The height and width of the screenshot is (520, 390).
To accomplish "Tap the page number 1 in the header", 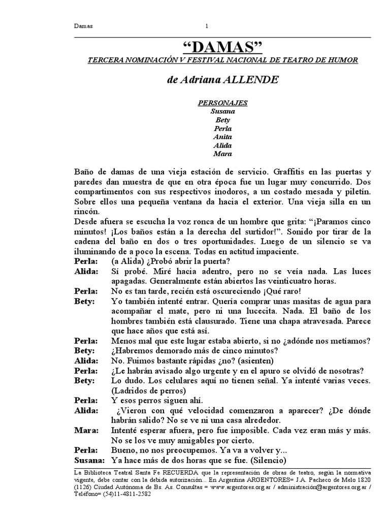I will [207, 26].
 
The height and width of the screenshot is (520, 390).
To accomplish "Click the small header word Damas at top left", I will [83, 26].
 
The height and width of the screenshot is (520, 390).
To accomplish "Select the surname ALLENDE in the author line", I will [250, 80].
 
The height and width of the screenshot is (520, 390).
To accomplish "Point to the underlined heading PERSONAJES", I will [223, 103].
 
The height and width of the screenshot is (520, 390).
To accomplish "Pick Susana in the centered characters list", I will [223, 111].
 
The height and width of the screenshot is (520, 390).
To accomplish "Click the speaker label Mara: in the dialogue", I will [86, 431].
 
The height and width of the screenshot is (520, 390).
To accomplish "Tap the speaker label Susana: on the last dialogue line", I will [89, 461].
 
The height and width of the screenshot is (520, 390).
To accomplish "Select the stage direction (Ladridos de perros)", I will [145, 391].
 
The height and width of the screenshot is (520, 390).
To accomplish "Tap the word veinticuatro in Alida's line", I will [280, 281].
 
